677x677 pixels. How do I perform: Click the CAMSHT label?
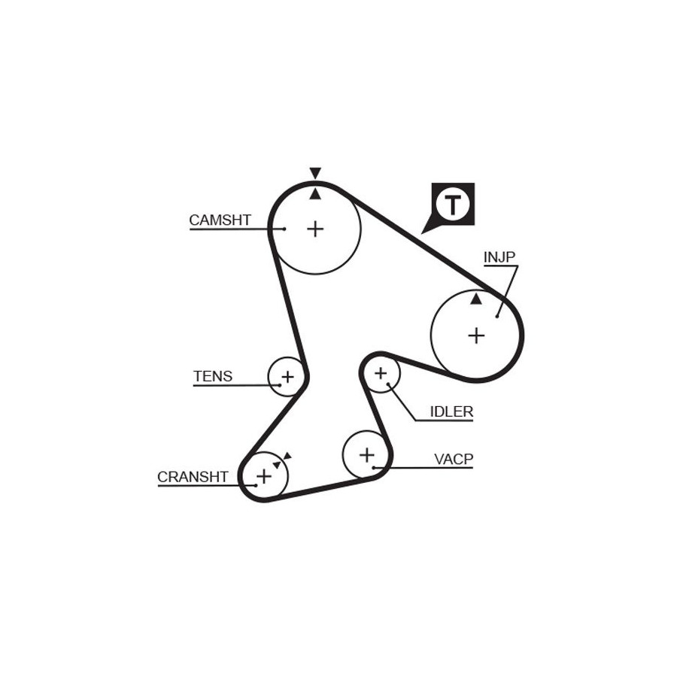[220, 220]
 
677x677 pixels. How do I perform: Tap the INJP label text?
[499, 257]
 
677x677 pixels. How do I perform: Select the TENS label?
[213, 377]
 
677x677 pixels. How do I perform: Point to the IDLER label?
[451, 411]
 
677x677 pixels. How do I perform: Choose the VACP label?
[454, 459]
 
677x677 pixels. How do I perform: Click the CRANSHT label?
[193, 477]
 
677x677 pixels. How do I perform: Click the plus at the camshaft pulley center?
[315, 229]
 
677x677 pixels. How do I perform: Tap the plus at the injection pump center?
[476, 335]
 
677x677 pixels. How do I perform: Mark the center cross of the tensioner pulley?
[287, 377]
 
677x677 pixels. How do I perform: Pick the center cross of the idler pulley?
[381, 373]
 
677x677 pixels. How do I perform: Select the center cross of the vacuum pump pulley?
[367, 455]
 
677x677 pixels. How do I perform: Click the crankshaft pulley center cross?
[264, 477]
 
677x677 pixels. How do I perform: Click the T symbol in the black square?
[453, 204]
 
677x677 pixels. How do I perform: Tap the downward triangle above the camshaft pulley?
[315, 173]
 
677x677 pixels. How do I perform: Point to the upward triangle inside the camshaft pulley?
[315, 194]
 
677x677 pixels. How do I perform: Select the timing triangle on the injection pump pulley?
[476, 299]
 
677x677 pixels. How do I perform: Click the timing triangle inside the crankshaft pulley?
[277, 465]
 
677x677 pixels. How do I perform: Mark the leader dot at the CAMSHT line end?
[284, 229]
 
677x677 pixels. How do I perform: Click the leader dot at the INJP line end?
[497, 317]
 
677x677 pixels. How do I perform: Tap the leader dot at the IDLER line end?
[389, 384]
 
